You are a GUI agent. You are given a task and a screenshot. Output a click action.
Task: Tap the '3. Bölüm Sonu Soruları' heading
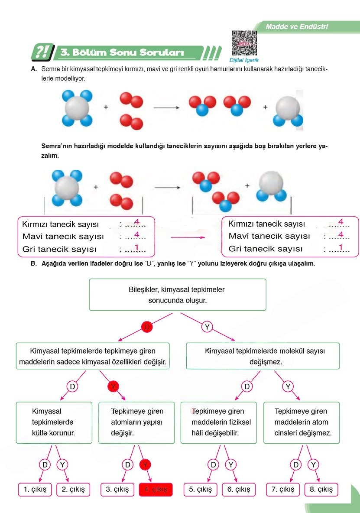(x=123, y=53)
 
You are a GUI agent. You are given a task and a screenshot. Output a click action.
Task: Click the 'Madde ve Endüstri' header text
(x=297, y=27)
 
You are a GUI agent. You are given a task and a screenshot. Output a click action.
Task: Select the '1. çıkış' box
(x=35, y=489)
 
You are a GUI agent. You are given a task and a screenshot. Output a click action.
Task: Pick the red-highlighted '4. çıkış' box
(x=156, y=489)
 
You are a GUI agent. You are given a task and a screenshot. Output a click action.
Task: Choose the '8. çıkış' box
(x=321, y=489)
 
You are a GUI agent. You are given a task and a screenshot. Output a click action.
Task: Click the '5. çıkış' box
(x=201, y=489)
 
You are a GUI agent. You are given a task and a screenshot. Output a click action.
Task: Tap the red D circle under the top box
(x=147, y=327)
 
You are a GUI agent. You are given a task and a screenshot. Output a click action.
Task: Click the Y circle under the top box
(x=208, y=327)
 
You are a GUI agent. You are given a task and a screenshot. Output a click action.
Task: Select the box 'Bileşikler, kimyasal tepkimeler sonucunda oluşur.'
(x=177, y=295)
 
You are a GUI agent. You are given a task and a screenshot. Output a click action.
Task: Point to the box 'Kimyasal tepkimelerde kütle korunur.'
(x=54, y=422)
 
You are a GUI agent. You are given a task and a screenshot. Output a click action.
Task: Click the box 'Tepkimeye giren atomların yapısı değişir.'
(x=137, y=422)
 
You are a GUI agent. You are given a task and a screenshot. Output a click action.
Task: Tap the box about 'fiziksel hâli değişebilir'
(x=218, y=422)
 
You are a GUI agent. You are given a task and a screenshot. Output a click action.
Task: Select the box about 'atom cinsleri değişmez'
(x=302, y=422)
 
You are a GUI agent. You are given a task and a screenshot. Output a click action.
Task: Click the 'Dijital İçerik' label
(x=244, y=61)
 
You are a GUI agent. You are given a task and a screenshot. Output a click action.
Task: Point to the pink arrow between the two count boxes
(x=187, y=237)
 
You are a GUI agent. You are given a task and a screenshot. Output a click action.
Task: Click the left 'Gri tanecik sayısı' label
(x=59, y=249)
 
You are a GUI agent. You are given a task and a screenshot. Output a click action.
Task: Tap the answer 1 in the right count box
(x=341, y=247)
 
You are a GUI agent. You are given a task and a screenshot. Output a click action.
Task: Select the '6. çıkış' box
(x=239, y=489)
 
